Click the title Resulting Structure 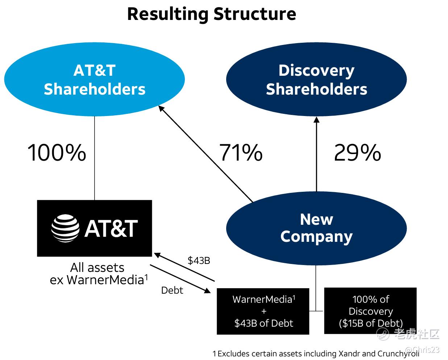click(211, 14)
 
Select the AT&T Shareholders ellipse click(94, 79)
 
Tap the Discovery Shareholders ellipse click(316, 79)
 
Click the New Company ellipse click(316, 228)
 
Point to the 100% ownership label click(57, 153)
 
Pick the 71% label click(241, 153)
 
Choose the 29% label click(357, 153)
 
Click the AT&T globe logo click(65, 228)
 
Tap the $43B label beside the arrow click(199, 260)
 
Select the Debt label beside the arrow click(172, 290)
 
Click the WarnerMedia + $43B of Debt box click(263, 311)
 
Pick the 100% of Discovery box click(370, 311)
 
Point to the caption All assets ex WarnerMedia click(98, 274)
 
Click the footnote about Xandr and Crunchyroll click(315, 353)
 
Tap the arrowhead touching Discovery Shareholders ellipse click(316, 120)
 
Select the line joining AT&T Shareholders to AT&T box click(95, 158)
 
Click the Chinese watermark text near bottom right click(417, 334)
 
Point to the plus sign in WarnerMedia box click(264, 311)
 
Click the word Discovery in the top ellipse click(316, 70)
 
